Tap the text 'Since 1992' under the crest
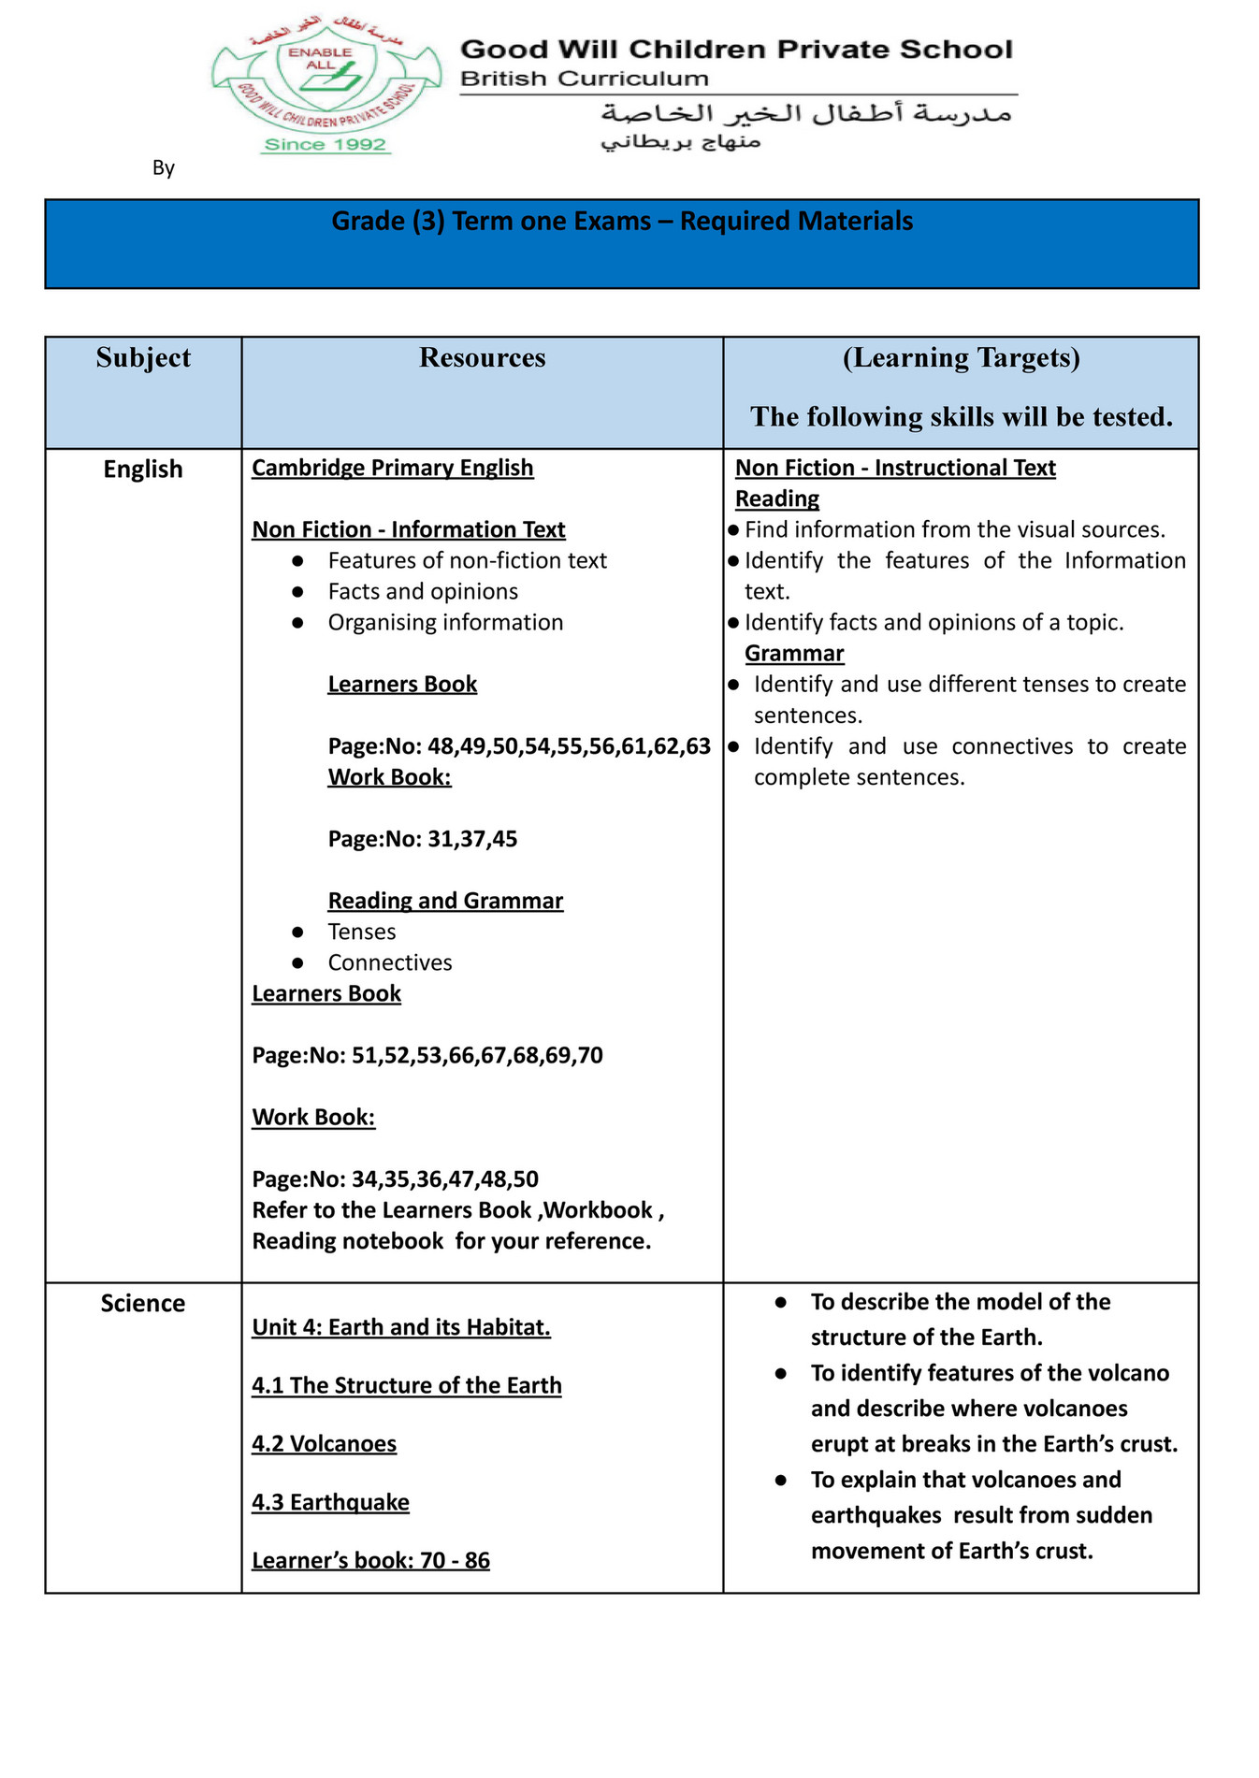[x=325, y=145]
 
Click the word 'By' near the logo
[x=164, y=168]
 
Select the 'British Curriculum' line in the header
[x=584, y=79]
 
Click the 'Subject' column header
[x=143, y=358]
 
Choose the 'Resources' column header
[x=482, y=358]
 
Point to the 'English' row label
[x=143, y=470]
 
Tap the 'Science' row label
[x=143, y=1304]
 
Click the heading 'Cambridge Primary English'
[x=392, y=468]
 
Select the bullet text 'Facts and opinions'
[x=423, y=592]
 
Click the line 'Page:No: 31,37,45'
[x=422, y=839]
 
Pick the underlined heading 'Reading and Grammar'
[x=445, y=901]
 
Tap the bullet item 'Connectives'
[x=389, y=962]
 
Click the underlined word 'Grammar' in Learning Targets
[x=794, y=654]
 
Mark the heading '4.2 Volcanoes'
[x=324, y=1444]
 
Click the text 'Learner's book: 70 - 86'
[x=370, y=1561]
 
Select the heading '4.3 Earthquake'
[x=330, y=1503]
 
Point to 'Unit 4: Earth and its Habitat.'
[x=401, y=1328]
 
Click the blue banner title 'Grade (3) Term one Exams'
[x=622, y=222]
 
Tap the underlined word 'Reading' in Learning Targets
[x=776, y=499]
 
